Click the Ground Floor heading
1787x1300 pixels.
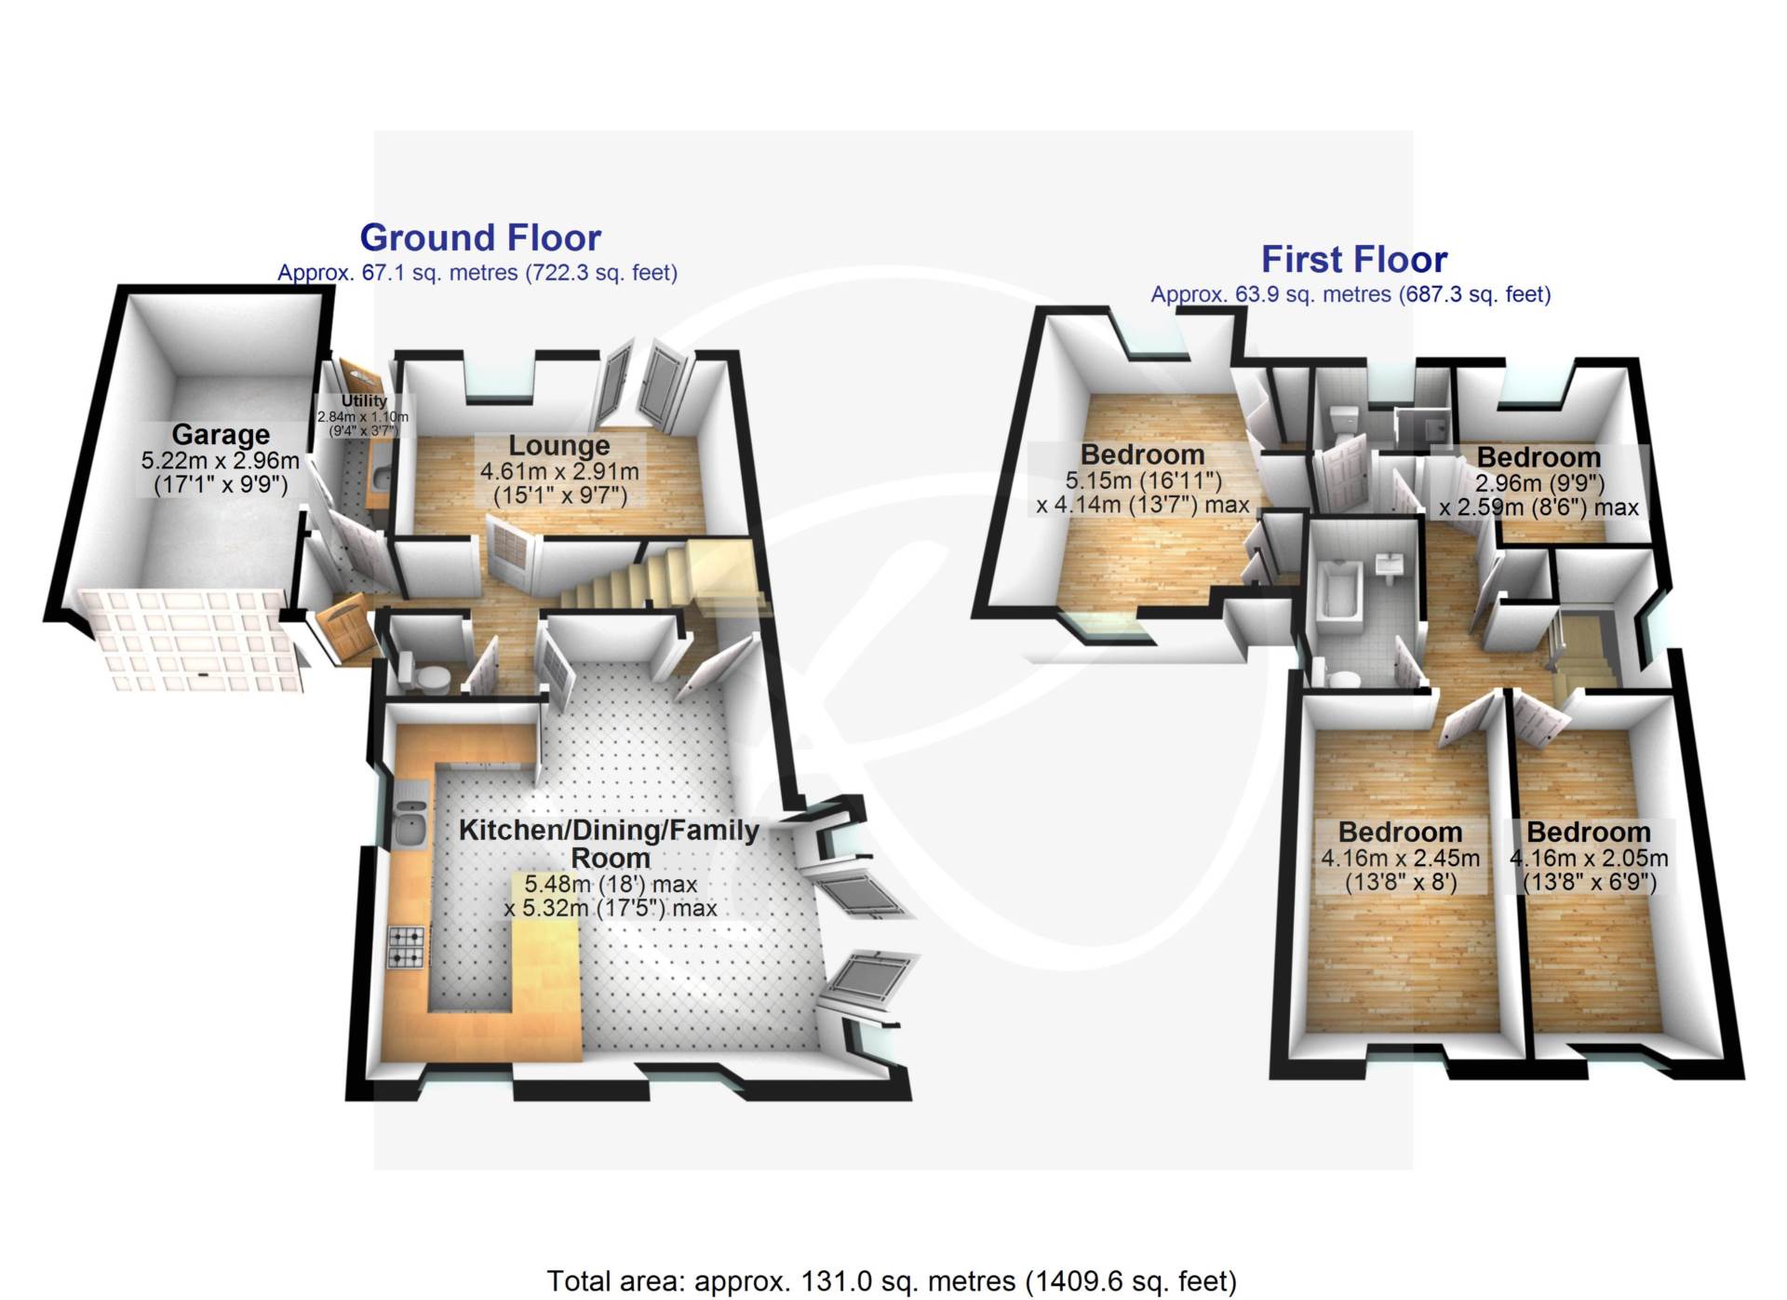pyautogui.click(x=480, y=238)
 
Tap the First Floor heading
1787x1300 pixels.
pyautogui.click(x=1353, y=260)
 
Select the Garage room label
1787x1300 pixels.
pyautogui.click(x=221, y=435)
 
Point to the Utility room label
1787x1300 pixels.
pyautogui.click(x=364, y=400)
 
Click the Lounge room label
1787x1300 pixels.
pyautogui.click(x=558, y=446)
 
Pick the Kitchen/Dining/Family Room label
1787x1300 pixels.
pyautogui.click(x=610, y=844)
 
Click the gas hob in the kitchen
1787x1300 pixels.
pyautogui.click(x=406, y=946)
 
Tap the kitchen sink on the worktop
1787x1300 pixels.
pyautogui.click(x=410, y=819)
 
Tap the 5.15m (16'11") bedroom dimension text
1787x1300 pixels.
pyautogui.click(x=1143, y=481)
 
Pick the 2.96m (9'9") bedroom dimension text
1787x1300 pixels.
pyautogui.click(x=1539, y=483)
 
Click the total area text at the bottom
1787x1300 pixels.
pyautogui.click(x=892, y=1281)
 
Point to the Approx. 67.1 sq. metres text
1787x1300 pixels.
pyautogui.click(x=477, y=273)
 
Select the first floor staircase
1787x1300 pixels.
pyautogui.click(x=1582, y=652)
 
